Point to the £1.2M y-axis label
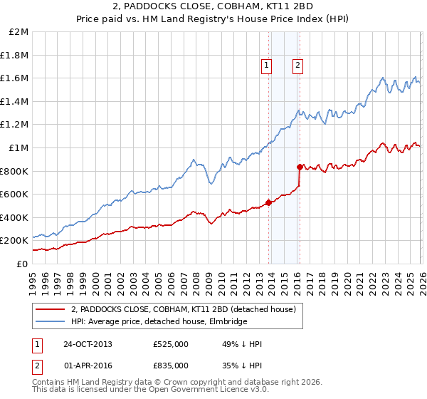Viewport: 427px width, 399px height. click(x=14, y=125)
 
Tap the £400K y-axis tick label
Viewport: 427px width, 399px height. click(x=14, y=217)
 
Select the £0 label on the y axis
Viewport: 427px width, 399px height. click(x=21, y=264)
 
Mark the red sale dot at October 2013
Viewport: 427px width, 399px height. click(x=268, y=202)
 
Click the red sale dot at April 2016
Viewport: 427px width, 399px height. click(x=300, y=167)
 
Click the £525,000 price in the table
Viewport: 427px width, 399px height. click(x=171, y=344)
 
